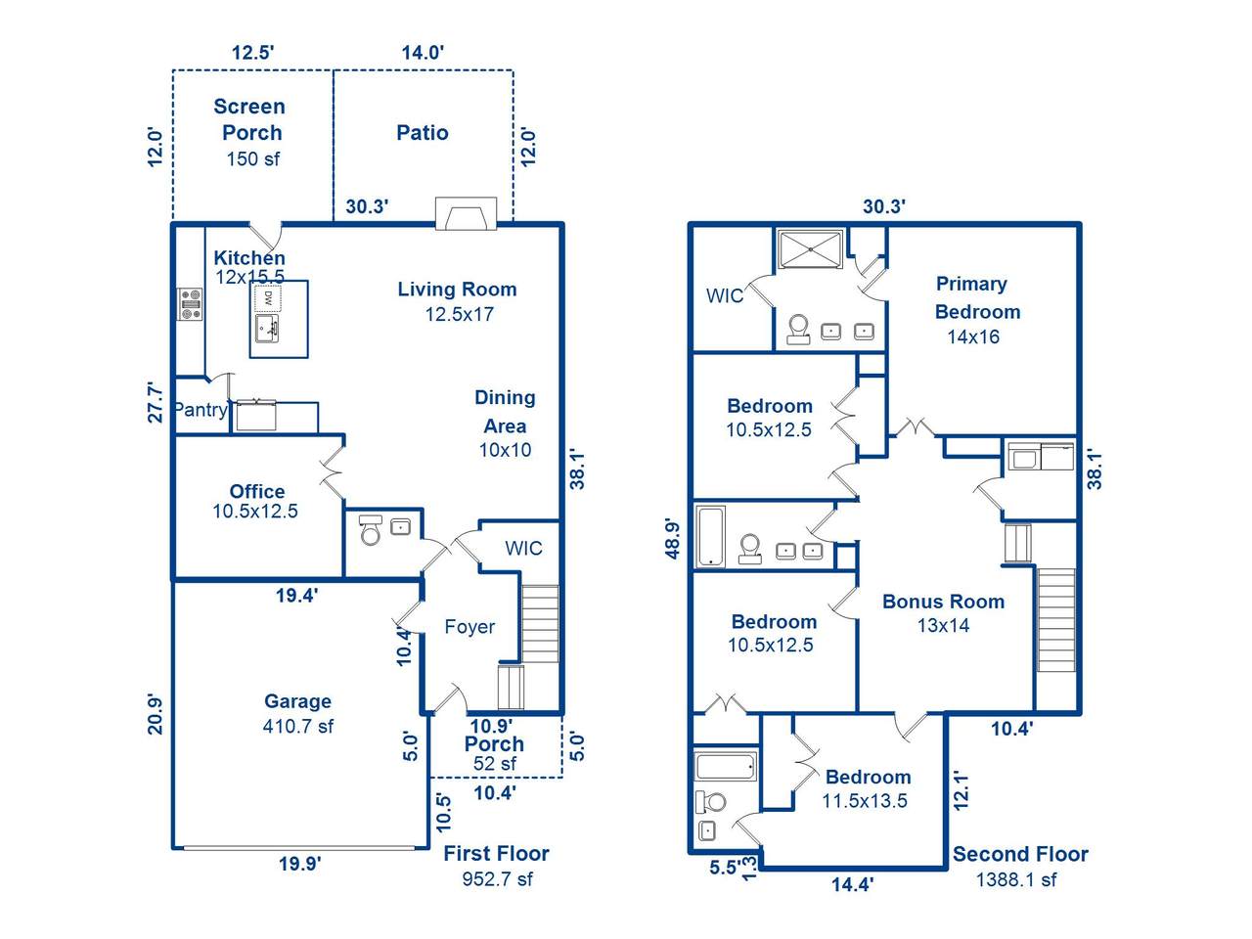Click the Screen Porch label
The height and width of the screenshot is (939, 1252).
click(249, 119)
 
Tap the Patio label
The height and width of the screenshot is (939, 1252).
click(423, 133)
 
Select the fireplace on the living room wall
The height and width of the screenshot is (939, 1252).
click(466, 213)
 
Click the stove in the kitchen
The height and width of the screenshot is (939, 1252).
click(190, 304)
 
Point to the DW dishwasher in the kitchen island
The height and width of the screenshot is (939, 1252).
click(267, 298)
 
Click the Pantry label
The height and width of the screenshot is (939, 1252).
click(201, 410)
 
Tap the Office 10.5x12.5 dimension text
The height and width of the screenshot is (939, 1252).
click(255, 511)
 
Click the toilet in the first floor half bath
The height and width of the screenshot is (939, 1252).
click(371, 530)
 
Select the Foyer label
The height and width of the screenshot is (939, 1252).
click(469, 627)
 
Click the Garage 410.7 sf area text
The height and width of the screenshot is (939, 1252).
click(297, 727)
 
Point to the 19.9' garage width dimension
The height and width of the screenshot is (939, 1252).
click(299, 864)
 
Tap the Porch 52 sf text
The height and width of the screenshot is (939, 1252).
click(494, 763)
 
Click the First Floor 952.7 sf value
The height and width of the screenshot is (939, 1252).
click(498, 879)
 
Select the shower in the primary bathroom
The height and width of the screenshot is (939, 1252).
click(811, 249)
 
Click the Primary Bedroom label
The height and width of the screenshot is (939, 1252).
click(977, 297)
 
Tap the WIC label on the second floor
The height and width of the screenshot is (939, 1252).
click(725, 296)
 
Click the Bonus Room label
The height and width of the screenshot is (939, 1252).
click(944, 602)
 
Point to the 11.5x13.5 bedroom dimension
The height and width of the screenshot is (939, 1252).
click(864, 801)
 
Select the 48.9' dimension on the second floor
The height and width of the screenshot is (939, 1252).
click(673, 539)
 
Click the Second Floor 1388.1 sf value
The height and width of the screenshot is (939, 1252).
click(1016, 879)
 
